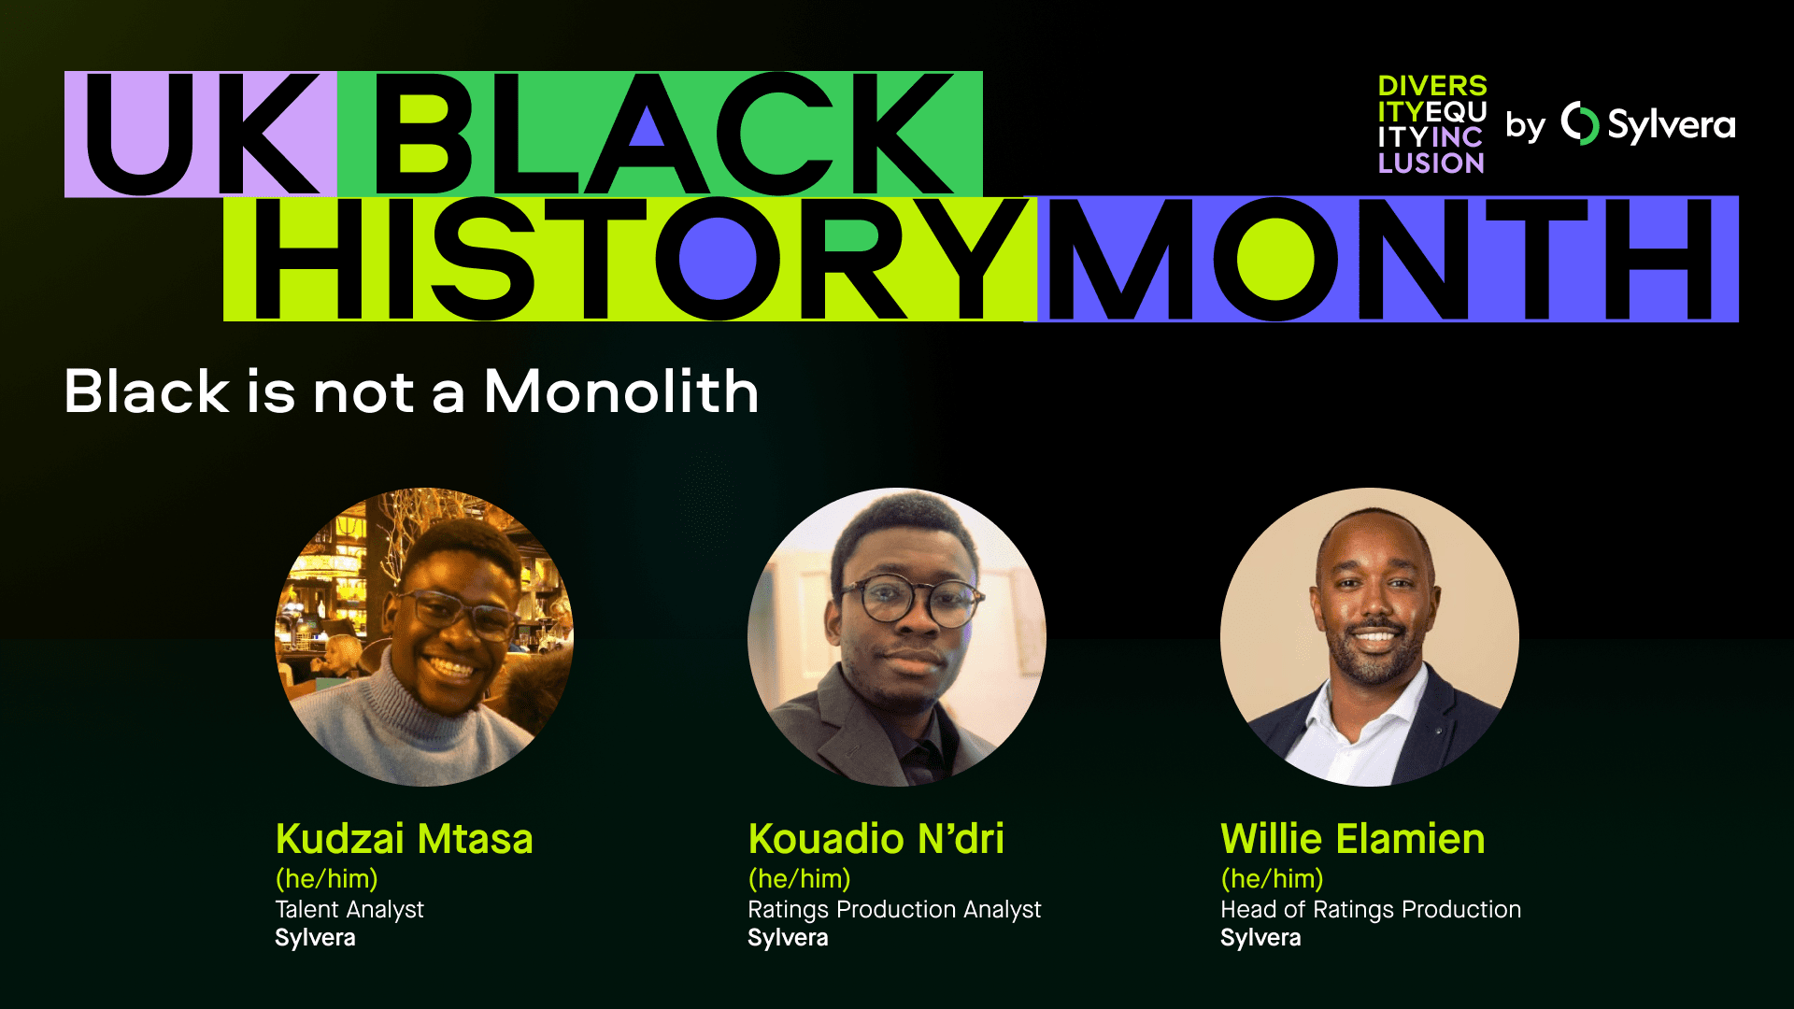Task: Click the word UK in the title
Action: pos(201,135)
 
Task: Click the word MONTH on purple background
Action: pos(1381,259)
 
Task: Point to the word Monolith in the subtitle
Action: pos(621,391)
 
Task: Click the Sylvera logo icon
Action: pos(1579,123)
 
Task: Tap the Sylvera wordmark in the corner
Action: pos(1671,124)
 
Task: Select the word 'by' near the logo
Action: pos(1525,126)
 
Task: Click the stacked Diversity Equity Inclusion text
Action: pos(1431,124)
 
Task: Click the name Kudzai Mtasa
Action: pos(404,839)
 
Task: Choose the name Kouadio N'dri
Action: pos(876,839)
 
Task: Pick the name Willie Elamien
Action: pos(1352,839)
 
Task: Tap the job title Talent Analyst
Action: pos(349,909)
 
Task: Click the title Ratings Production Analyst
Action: pos(894,909)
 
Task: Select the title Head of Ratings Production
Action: pos(1371,909)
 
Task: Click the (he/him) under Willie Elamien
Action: pos(1272,879)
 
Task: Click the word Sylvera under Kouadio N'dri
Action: pos(788,938)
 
